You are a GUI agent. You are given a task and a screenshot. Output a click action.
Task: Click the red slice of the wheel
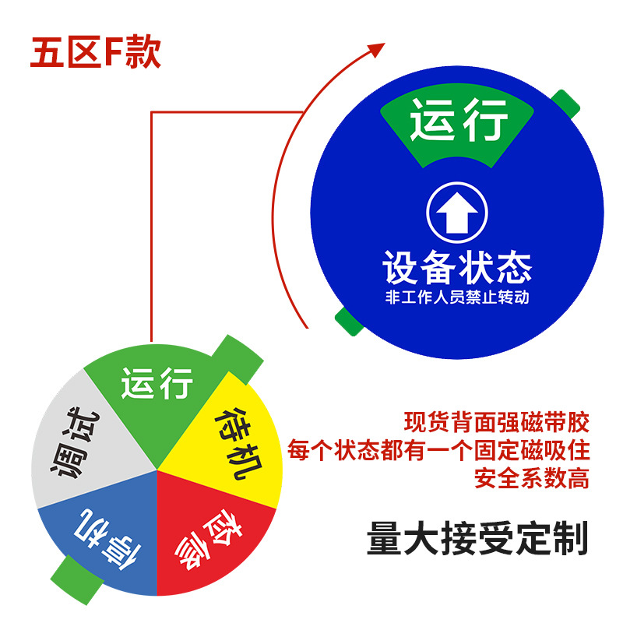(x=210, y=537)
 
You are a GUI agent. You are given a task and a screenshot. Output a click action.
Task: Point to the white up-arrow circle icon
(x=457, y=214)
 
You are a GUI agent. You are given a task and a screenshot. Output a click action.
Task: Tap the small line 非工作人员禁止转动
(x=457, y=297)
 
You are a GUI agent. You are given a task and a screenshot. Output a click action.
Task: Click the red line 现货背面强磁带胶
(x=496, y=423)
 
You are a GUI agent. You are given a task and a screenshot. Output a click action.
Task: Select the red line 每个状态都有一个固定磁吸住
(x=438, y=450)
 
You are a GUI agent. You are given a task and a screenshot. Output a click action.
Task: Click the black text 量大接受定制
(x=477, y=540)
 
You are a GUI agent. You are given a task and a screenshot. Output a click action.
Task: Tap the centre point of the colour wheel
(x=157, y=470)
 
